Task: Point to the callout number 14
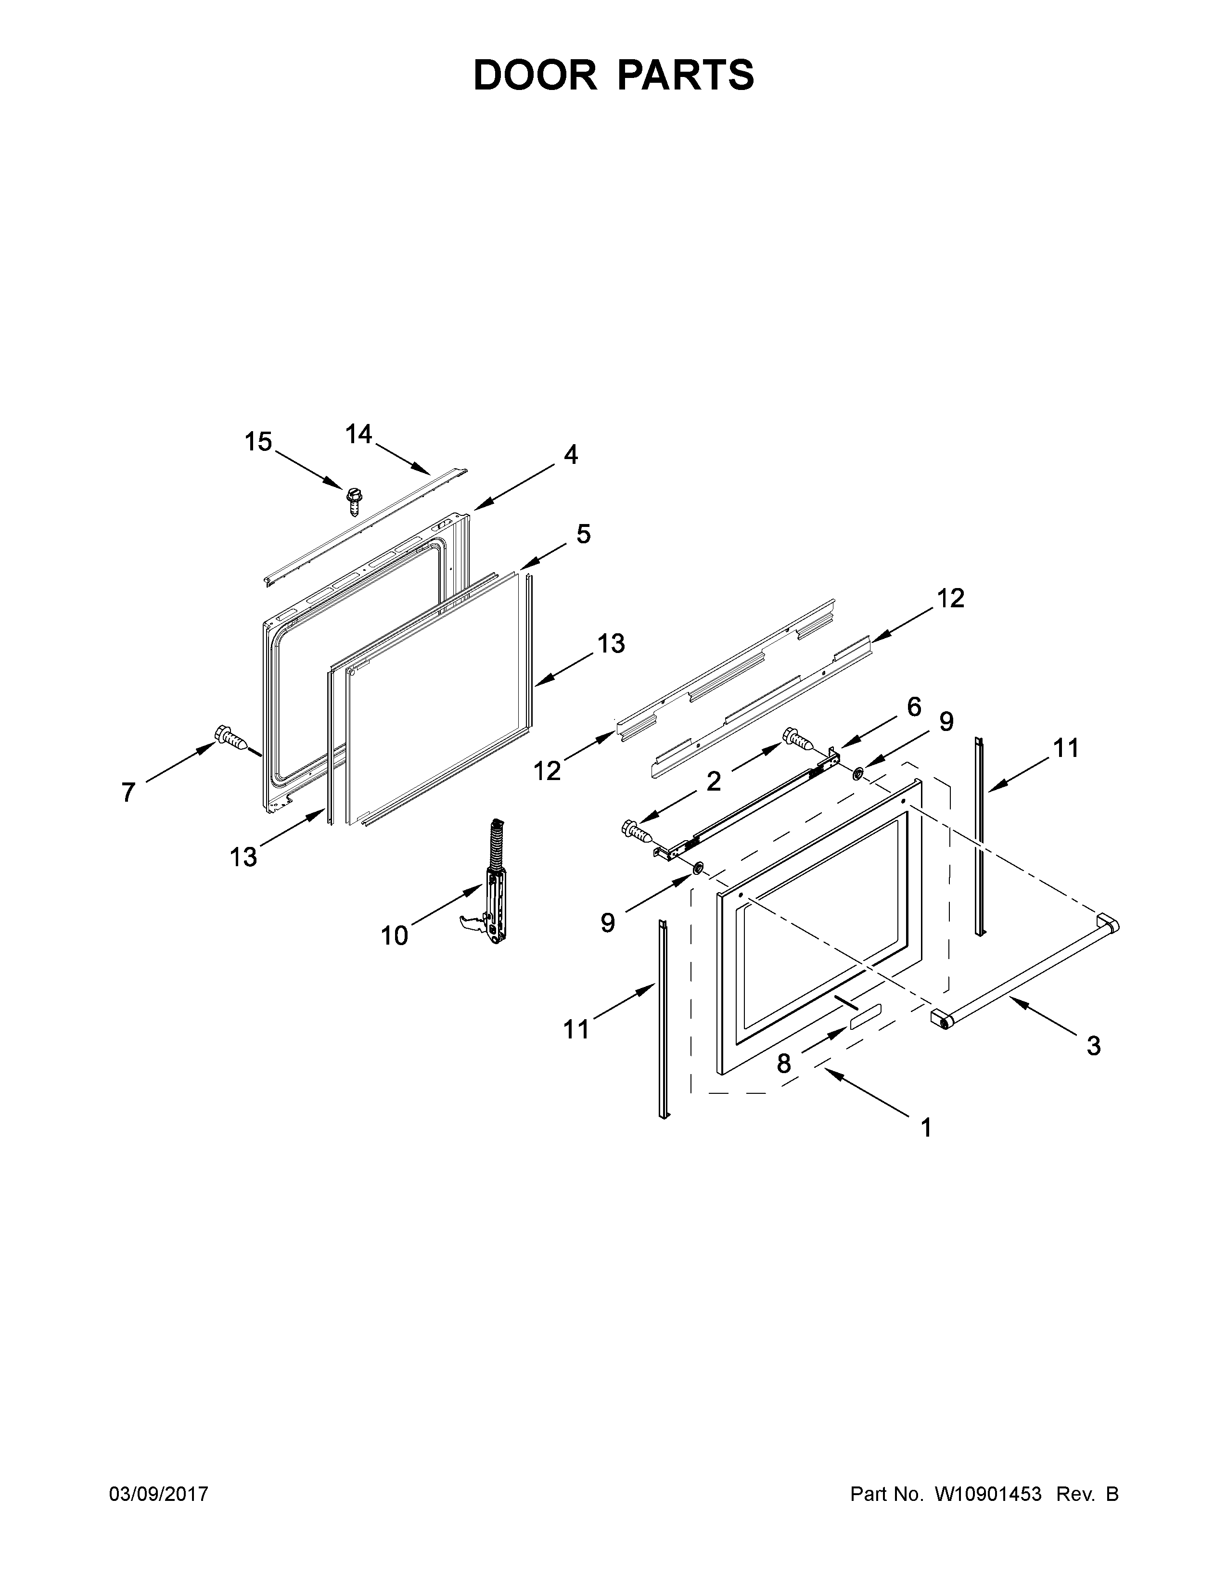click(x=358, y=434)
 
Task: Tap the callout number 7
click(x=128, y=792)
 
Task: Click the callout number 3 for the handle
click(x=1093, y=1046)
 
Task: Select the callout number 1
click(x=925, y=1128)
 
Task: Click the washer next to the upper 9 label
click(x=858, y=771)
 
